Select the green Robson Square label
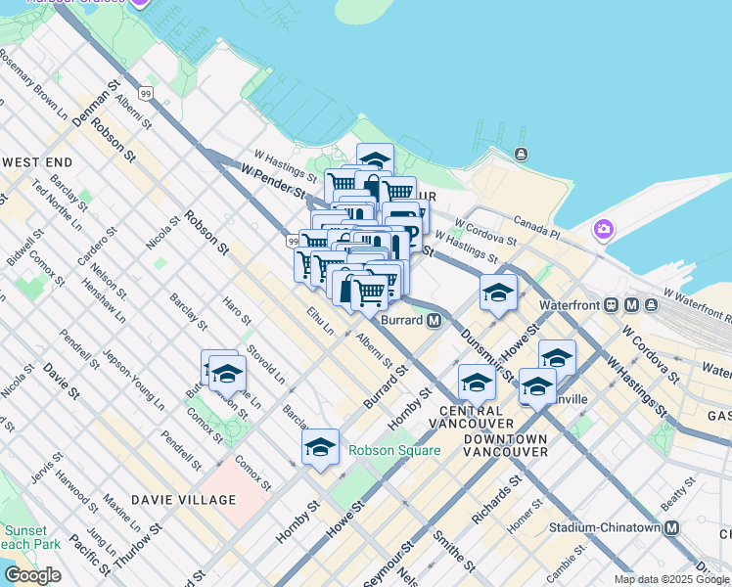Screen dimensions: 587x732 pyautogui.click(x=394, y=451)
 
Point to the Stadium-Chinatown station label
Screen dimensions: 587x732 pyautogui.click(x=615, y=527)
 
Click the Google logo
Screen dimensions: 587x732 pyautogui.click(x=32, y=575)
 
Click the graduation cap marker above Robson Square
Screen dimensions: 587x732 pyautogui.click(x=320, y=447)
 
